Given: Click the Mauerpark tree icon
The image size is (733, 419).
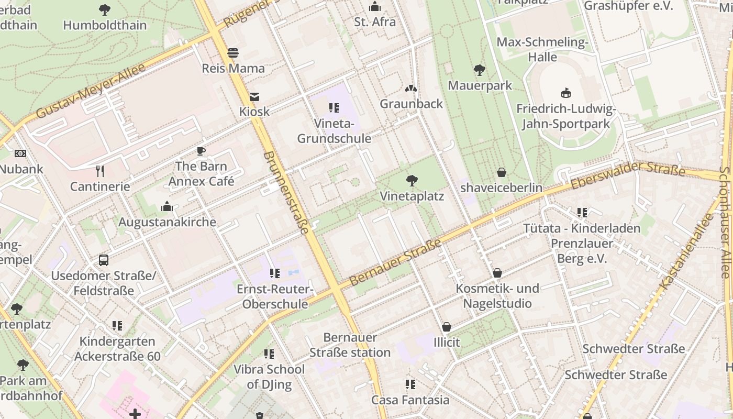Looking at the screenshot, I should [x=479, y=70].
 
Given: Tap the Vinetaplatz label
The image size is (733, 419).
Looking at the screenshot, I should [x=412, y=196].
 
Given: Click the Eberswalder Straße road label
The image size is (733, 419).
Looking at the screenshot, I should [x=628, y=176].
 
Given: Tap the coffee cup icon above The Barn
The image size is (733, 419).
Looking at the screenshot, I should [x=201, y=151].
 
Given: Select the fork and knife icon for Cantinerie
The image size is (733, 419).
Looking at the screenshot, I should [x=100, y=171].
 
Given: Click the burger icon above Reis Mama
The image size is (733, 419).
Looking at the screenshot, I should [x=233, y=53].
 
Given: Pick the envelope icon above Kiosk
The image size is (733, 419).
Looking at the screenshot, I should [x=254, y=96].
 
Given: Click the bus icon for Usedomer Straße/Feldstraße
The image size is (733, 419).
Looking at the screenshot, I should [x=104, y=260].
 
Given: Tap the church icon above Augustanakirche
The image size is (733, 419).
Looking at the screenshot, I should [x=167, y=206].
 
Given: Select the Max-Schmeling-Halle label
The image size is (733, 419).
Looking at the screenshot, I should [x=542, y=49].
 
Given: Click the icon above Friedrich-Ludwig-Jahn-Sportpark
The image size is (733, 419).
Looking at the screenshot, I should [x=565, y=93].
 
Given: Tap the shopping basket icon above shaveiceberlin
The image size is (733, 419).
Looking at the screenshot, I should [x=502, y=172].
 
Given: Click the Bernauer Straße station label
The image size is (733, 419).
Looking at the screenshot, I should [x=350, y=345].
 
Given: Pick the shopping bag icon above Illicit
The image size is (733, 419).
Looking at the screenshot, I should [x=447, y=327].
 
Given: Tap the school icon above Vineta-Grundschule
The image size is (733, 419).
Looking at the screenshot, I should [x=334, y=108].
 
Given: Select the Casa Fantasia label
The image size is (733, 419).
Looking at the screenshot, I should [x=410, y=400].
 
